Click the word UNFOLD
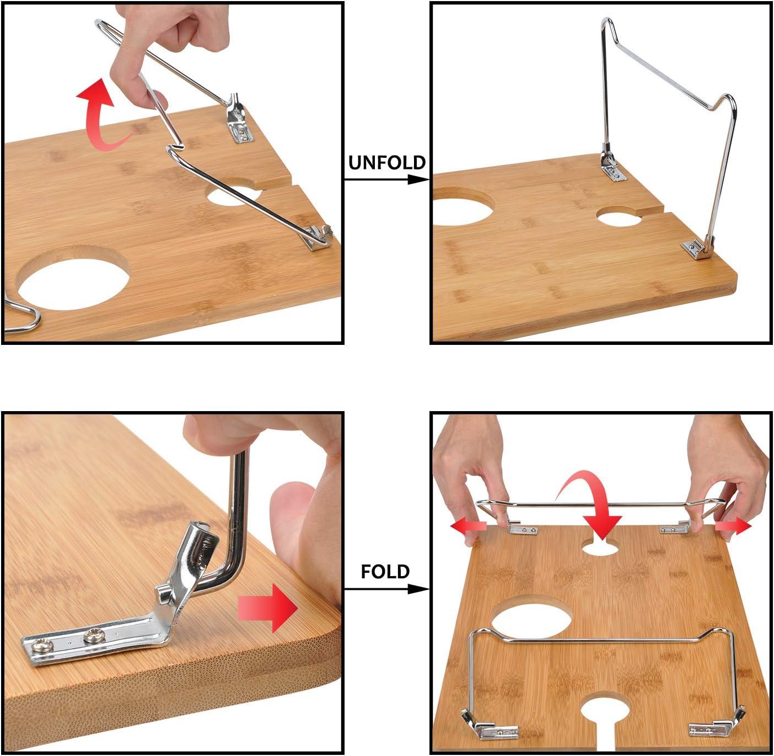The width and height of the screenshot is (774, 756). coord(386,163)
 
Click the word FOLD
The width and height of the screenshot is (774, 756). coord(385,572)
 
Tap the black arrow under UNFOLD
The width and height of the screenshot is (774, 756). coord(386,179)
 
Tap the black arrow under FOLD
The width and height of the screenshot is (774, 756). coord(386,589)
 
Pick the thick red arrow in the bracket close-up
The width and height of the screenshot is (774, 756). coord(267,608)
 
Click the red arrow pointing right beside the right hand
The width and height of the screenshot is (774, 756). coord(733,527)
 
